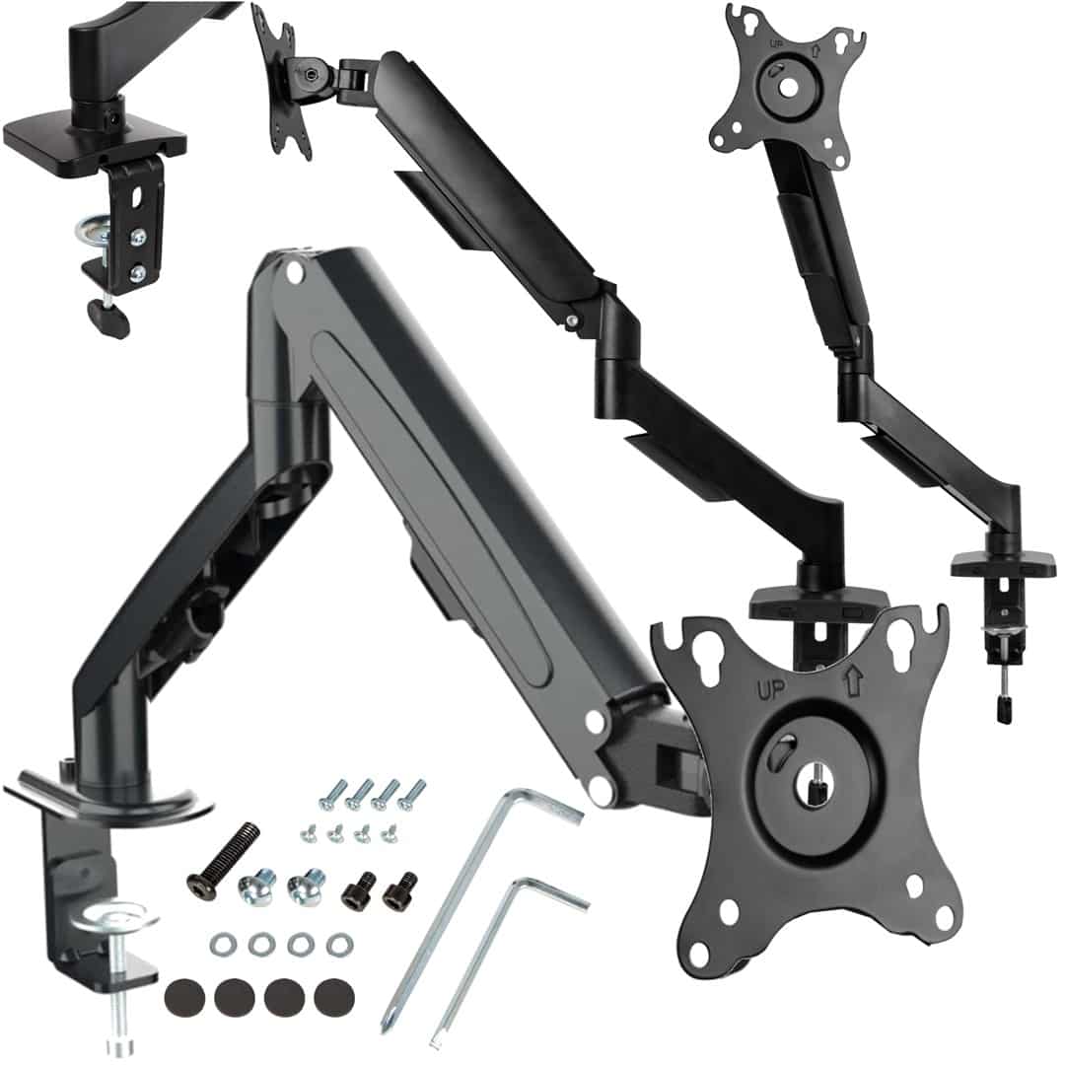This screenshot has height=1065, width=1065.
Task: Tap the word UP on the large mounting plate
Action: (x=770, y=690)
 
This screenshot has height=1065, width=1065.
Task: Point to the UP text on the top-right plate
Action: (x=778, y=42)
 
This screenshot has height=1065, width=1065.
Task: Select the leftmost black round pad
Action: (x=184, y=998)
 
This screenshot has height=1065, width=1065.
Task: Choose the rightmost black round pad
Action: (x=335, y=998)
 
